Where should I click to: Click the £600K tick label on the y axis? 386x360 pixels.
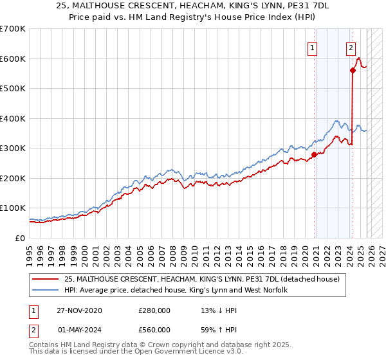tap(13, 59)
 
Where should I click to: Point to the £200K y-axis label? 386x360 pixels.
tap(13, 178)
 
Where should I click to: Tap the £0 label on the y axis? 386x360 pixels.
tap(20, 238)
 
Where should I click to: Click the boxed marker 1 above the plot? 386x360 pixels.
tap(312, 47)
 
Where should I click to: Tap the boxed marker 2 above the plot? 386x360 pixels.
tap(351, 47)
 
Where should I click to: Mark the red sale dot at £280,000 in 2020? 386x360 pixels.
tap(314, 154)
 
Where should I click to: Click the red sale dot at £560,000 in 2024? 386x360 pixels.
tap(353, 71)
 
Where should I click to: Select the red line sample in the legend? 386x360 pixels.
tap(46, 279)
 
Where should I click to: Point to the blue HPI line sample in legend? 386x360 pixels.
tap(46, 290)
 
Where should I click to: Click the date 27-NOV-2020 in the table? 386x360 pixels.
tap(79, 310)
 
